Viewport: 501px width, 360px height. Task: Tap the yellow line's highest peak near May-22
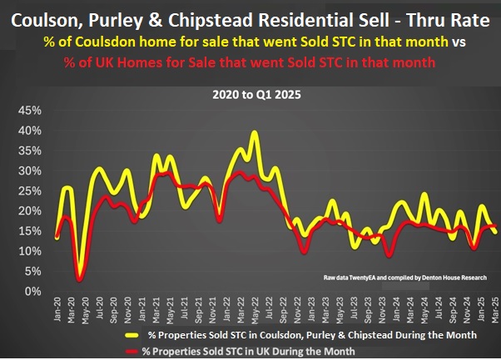[x=254, y=132]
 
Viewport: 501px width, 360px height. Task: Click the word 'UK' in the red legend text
[x=258, y=351]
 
